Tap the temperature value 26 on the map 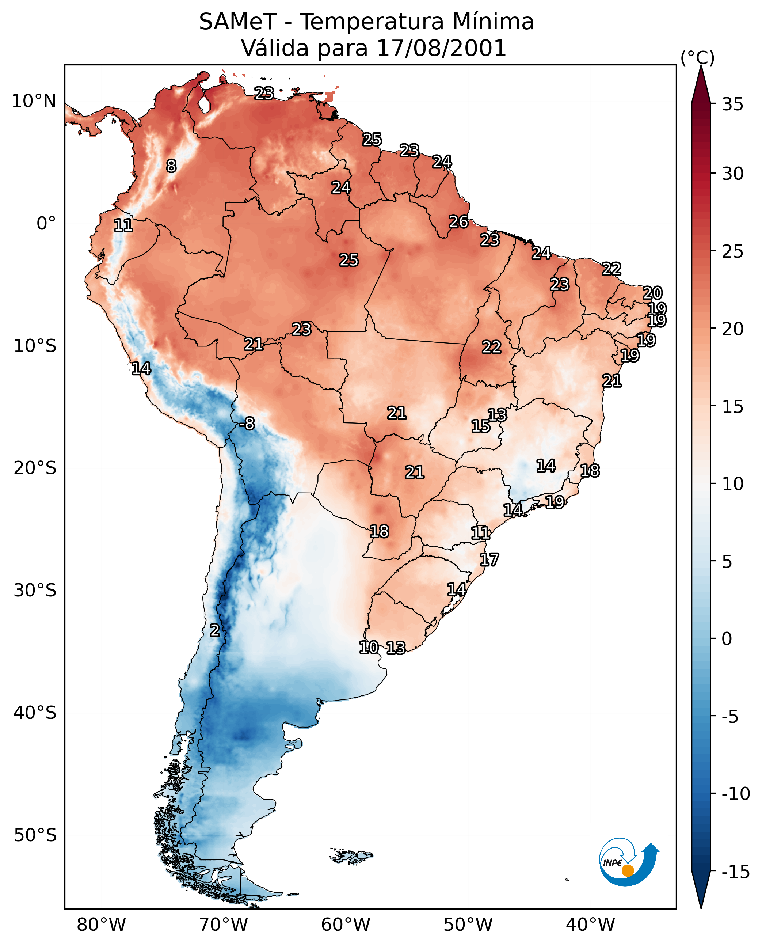tap(459, 222)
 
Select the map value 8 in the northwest tap(171, 166)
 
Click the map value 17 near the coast tap(489, 559)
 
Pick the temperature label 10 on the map tap(369, 647)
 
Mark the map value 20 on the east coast tap(652, 293)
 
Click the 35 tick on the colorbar tap(732, 104)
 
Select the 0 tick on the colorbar tap(727, 638)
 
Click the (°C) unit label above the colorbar tap(697, 57)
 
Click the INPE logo tap(628, 862)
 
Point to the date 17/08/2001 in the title tap(441, 48)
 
